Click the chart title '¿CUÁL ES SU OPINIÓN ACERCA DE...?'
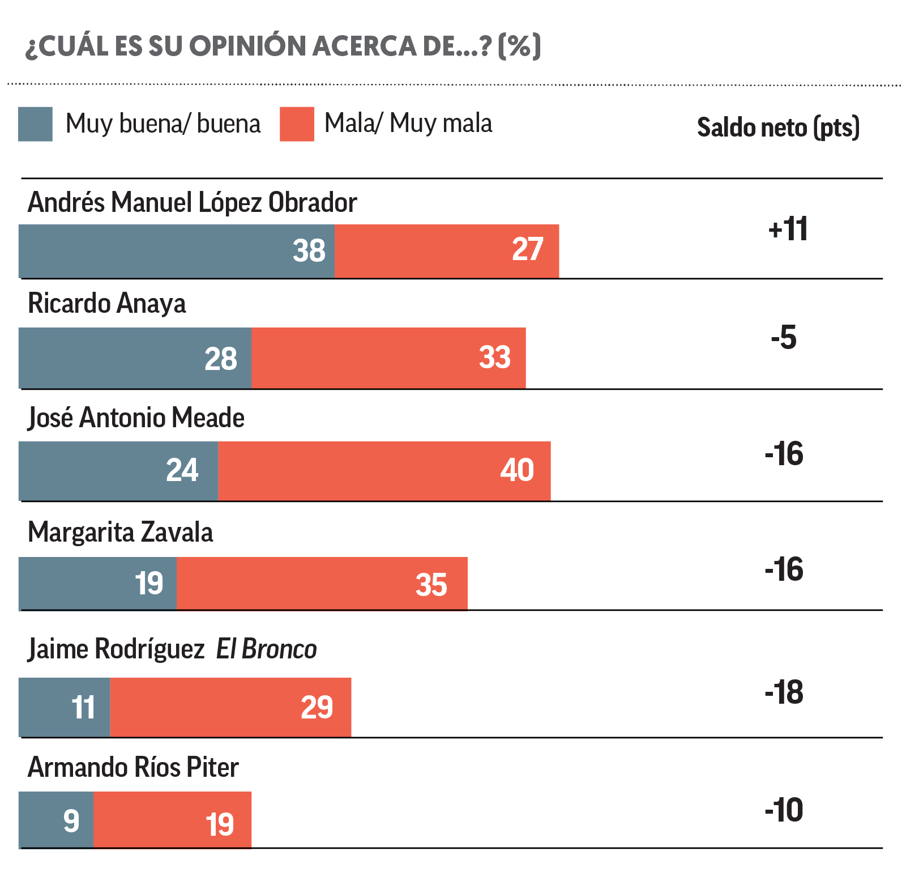pyautogui.click(x=283, y=46)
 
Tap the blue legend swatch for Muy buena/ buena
pyautogui.click(x=35, y=124)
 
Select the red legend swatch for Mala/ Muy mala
pyautogui.click(x=297, y=124)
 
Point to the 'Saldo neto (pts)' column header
pyautogui.click(x=778, y=127)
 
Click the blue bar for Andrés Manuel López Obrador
pyautogui.click(x=177, y=251)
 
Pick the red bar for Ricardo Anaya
pyautogui.click(x=388, y=358)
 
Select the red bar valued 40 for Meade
pyautogui.click(x=384, y=471)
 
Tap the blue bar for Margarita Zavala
pyautogui.click(x=97, y=584)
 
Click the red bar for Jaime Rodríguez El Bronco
pyautogui.click(x=230, y=707)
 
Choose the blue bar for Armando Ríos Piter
pyautogui.click(x=56, y=820)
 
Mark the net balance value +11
pyautogui.click(x=788, y=229)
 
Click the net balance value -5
pyautogui.click(x=784, y=338)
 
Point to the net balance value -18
pyautogui.click(x=784, y=692)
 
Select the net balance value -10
pyautogui.click(x=784, y=810)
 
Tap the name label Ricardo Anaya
pyautogui.click(x=107, y=304)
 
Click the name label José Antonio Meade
pyautogui.click(x=136, y=418)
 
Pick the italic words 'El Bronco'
pyautogui.click(x=266, y=649)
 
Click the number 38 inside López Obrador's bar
pyautogui.click(x=309, y=250)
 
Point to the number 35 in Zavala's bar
pyautogui.click(x=431, y=585)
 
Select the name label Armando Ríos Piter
pyautogui.click(x=133, y=768)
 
